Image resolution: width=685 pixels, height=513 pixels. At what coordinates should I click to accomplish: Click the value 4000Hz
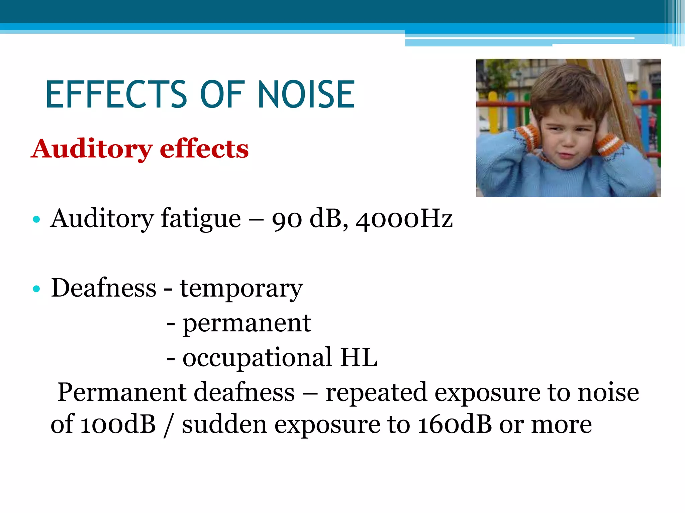coord(404,219)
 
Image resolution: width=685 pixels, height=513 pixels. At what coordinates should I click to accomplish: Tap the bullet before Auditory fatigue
coord(36,220)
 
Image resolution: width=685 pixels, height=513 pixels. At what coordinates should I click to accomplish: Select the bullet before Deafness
coord(36,289)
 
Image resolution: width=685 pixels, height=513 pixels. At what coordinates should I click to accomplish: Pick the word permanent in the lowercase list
coord(247,324)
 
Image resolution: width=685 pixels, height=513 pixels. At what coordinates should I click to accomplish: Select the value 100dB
coord(118,425)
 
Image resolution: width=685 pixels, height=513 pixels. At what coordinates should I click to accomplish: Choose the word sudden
coord(224,425)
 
